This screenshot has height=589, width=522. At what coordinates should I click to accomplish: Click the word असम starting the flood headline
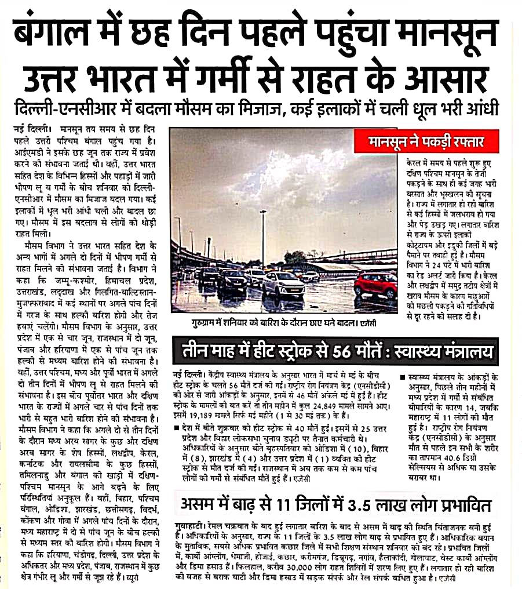pyautogui.click(x=201, y=502)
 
